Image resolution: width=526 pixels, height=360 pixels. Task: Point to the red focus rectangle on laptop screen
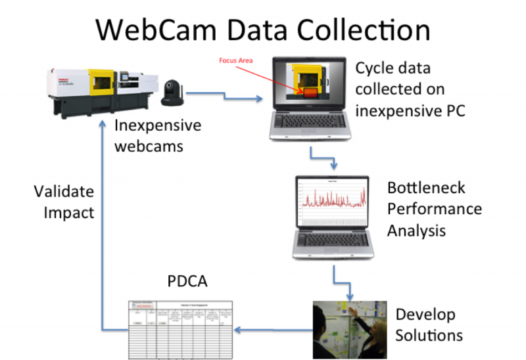pos(309,91)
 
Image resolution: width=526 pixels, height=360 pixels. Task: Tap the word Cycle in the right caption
pos(377,68)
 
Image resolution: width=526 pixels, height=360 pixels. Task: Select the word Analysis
pos(416,231)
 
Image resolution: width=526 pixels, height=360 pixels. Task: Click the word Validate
pos(64,192)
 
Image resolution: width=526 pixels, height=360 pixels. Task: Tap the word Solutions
pos(428,335)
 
